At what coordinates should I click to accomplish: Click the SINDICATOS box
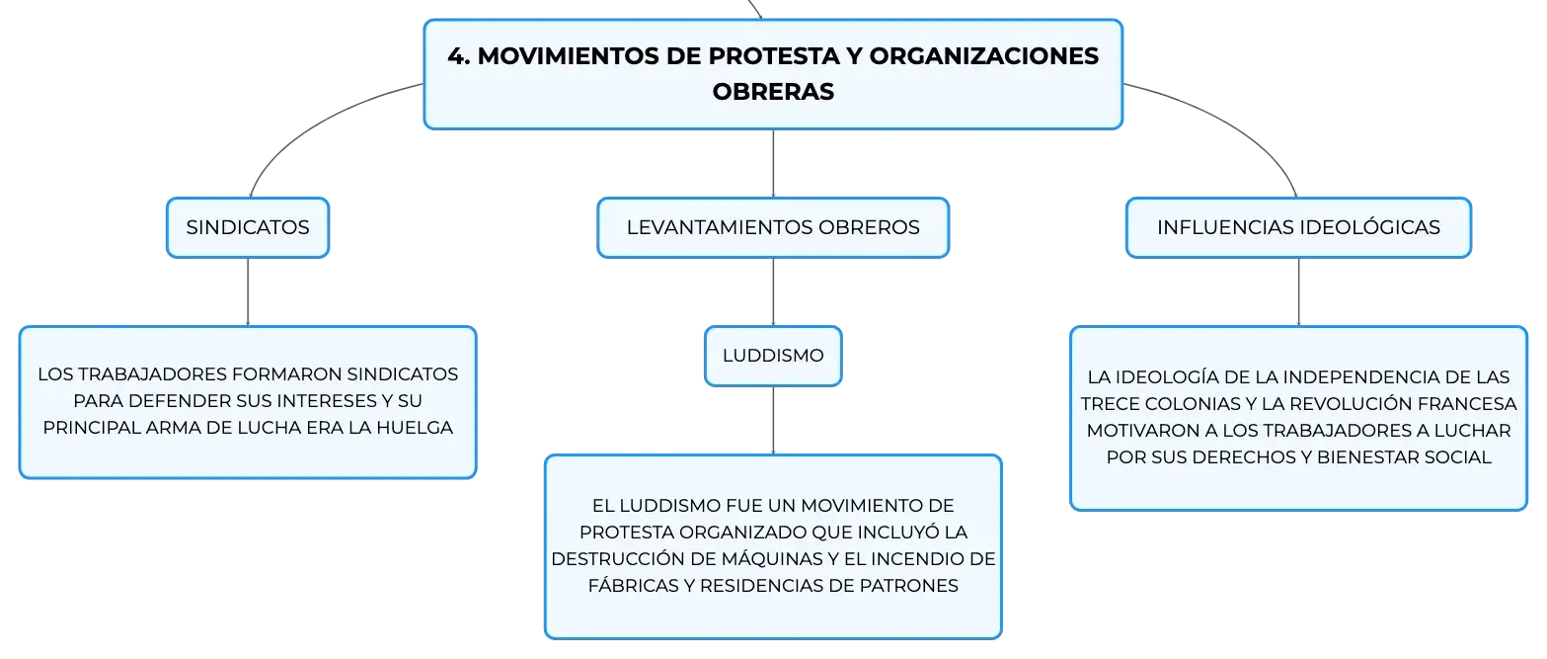click(x=248, y=227)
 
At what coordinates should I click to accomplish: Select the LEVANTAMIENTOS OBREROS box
click(x=773, y=227)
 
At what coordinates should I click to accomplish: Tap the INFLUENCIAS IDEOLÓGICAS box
click(x=1298, y=227)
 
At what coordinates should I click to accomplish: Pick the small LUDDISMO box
click(x=773, y=356)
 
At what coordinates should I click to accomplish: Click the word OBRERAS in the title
click(x=773, y=91)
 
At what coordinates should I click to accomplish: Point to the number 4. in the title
click(x=459, y=56)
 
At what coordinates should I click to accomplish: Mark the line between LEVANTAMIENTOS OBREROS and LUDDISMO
click(x=773, y=291)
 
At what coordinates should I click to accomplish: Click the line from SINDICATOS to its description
click(x=248, y=291)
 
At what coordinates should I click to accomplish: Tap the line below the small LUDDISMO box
click(x=773, y=421)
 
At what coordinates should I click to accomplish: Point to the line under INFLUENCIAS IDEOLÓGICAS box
click(x=1298, y=291)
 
